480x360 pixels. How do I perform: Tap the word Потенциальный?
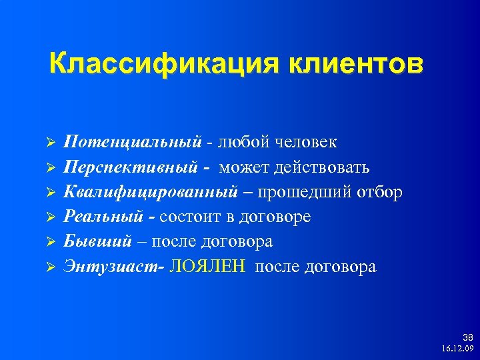132,142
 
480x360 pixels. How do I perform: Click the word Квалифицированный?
151,192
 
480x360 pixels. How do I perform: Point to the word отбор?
378,192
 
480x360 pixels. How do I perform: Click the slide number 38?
467,338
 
